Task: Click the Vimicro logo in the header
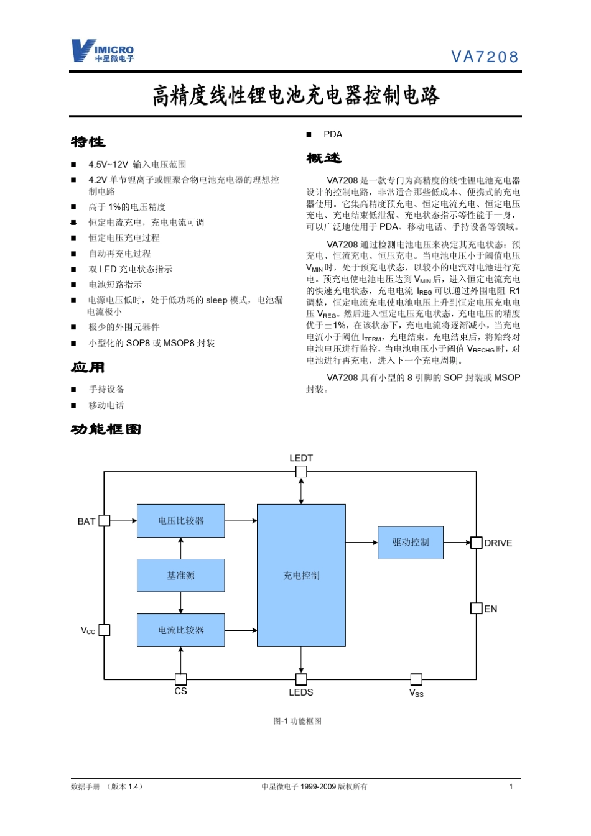click(x=102, y=51)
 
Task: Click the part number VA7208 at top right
click(x=485, y=57)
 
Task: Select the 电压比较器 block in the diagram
click(x=180, y=521)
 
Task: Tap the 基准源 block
click(x=180, y=576)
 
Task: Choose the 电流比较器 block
click(x=180, y=630)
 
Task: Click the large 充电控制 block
click(x=301, y=576)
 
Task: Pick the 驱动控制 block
click(x=411, y=543)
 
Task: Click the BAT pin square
click(x=105, y=521)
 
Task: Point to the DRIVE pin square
click(x=477, y=543)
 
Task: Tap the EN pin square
click(x=477, y=609)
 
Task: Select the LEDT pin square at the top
click(x=301, y=472)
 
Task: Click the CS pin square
click(x=180, y=679)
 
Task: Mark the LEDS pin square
click(x=301, y=679)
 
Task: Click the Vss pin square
click(x=416, y=679)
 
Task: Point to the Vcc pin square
click(x=105, y=630)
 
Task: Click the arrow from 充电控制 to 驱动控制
click(x=361, y=543)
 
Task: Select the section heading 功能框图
click(x=106, y=429)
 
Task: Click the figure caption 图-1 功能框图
click(x=297, y=721)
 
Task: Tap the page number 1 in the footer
click(x=511, y=787)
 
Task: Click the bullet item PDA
click(x=333, y=134)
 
